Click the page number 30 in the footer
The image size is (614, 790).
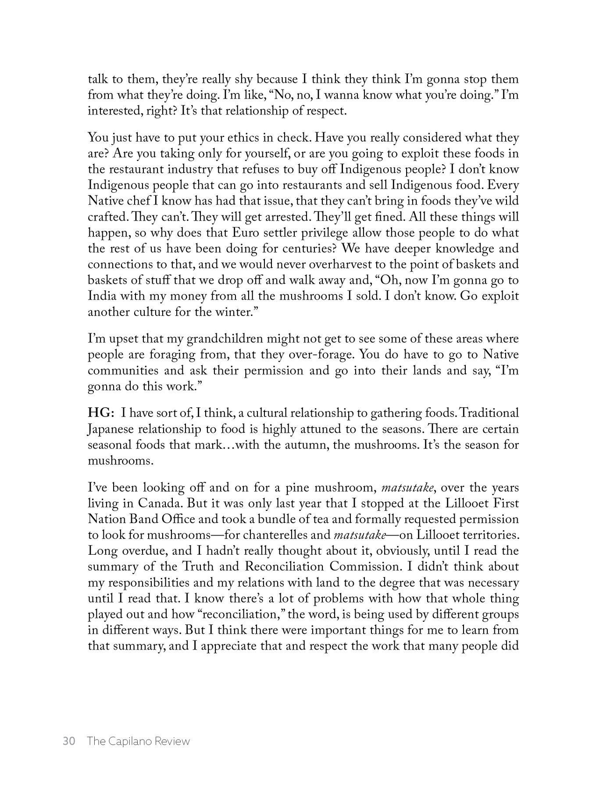[69, 741]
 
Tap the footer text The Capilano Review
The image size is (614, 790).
[138, 741]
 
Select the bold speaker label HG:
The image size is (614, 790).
[101, 413]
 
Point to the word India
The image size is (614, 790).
[101, 296]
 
